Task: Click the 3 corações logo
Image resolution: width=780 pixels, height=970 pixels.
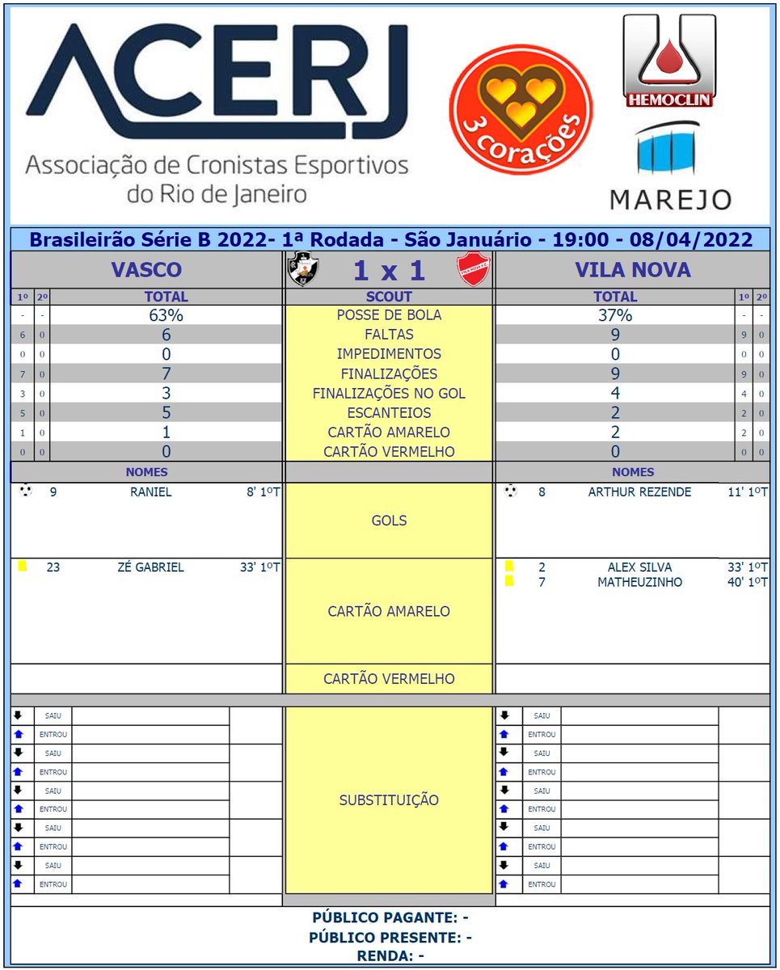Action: click(x=521, y=109)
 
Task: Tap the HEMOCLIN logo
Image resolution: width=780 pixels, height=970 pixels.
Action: click(x=669, y=61)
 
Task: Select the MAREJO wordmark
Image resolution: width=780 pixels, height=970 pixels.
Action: click(x=670, y=199)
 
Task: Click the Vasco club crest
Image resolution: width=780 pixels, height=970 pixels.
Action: click(x=303, y=269)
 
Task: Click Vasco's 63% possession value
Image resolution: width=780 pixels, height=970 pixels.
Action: click(x=167, y=315)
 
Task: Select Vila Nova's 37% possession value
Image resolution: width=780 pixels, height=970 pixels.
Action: click(x=615, y=315)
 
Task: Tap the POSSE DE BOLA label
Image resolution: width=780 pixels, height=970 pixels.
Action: click(x=389, y=315)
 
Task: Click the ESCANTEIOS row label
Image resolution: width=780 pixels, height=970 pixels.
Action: click(x=389, y=413)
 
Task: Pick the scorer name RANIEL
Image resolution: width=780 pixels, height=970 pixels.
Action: click(x=151, y=491)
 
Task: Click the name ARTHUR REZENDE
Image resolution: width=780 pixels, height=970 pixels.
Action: click(x=639, y=491)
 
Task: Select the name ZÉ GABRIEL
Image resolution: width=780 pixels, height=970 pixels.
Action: click(x=150, y=567)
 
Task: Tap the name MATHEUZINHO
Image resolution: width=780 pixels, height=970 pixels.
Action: click(x=639, y=582)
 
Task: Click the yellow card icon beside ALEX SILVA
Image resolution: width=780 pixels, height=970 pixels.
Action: click(x=509, y=567)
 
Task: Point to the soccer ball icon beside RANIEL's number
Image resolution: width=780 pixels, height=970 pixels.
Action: click(x=25, y=491)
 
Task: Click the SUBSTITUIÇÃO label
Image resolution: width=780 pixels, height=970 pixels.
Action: click(x=389, y=800)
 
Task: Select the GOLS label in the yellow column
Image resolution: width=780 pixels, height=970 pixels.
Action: click(x=389, y=521)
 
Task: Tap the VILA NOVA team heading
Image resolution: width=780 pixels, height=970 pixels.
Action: click(x=633, y=269)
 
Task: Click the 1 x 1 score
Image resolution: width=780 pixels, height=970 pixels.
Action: click(x=389, y=270)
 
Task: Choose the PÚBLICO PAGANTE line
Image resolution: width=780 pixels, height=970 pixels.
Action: click(x=390, y=917)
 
